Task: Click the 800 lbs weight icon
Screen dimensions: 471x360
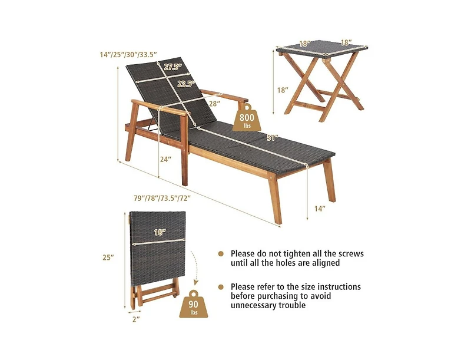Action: click(x=247, y=118)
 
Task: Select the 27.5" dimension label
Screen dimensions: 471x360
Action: click(x=173, y=67)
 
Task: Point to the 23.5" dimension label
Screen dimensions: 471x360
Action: click(x=185, y=84)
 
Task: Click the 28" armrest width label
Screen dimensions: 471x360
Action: click(x=214, y=104)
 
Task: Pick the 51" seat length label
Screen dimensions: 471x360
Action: click(x=273, y=138)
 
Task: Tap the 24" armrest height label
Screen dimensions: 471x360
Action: click(x=165, y=159)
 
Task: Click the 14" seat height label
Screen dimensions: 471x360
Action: click(x=320, y=208)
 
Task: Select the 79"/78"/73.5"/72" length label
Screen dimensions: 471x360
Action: click(x=162, y=198)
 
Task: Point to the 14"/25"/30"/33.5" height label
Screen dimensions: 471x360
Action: click(x=129, y=54)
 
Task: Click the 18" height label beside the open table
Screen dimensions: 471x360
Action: click(x=283, y=90)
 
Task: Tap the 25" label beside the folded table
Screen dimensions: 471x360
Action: click(x=108, y=257)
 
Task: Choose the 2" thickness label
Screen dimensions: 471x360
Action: click(x=136, y=319)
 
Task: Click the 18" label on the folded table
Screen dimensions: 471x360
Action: click(x=160, y=232)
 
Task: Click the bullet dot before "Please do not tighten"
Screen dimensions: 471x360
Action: click(x=221, y=254)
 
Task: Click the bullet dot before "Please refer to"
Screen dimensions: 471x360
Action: click(x=221, y=287)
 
